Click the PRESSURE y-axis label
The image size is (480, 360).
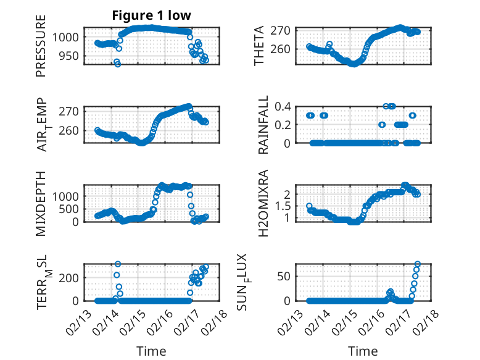(x=41, y=50)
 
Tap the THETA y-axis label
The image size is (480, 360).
(x=259, y=46)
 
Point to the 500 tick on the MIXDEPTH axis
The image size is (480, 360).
(x=70, y=209)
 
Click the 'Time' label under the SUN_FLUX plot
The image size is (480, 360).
(x=362, y=351)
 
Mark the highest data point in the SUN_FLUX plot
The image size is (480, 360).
(x=418, y=264)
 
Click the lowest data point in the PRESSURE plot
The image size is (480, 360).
(x=118, y=64)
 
